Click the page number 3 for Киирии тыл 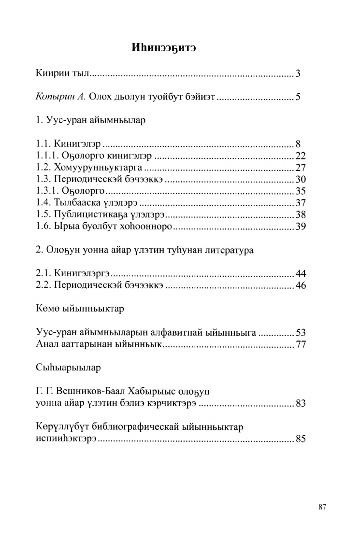298,74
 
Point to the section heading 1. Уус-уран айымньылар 90,120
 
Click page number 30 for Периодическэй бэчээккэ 301,180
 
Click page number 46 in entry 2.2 301,285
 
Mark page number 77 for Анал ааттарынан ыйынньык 301,344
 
